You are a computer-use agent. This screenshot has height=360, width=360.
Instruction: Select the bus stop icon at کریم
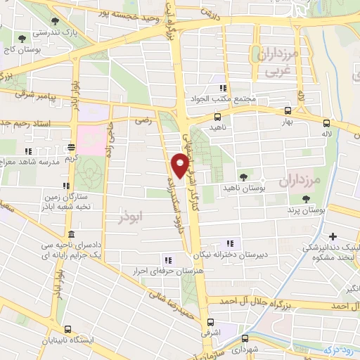(71, 148)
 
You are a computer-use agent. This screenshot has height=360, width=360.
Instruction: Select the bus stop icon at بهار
(288, 110)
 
